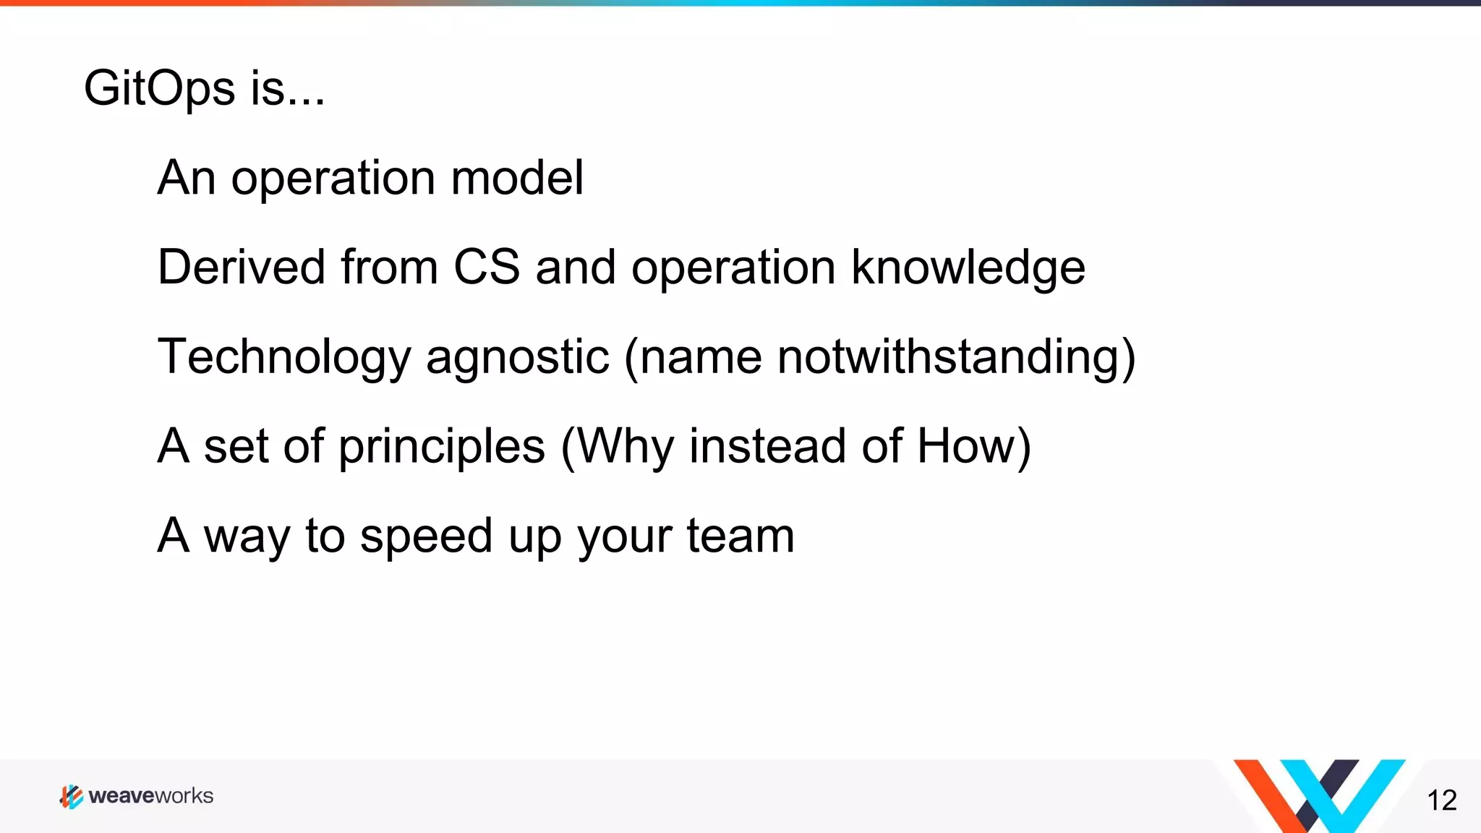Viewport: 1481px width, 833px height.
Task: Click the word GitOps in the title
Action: pyautogui.click(x=159, y=89)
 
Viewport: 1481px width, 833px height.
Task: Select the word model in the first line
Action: pyautogui.click(x=516, y=178)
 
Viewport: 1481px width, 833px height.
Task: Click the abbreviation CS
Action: pyautogui.click(x=486, y=268)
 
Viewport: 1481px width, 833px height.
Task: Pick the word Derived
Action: pyautogui.click(x=242, y=268)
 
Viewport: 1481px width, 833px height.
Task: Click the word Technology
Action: pyautogui.click(x=284, y=358)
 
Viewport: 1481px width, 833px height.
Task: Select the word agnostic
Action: pyautogui.click(x=517, y=358)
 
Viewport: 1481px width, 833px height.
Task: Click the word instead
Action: pyautogui.click(x=767, y=446)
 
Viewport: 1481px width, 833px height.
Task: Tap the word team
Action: pyautogui.click(x=740, y=537)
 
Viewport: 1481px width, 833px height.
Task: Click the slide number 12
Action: pyautogui.click(x=1441, y=800)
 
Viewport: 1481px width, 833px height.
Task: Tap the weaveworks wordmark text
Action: pyautogui.click(x=150, y=796)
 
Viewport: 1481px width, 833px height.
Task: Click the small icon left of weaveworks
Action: pyautogui.click(x=71, y=796)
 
